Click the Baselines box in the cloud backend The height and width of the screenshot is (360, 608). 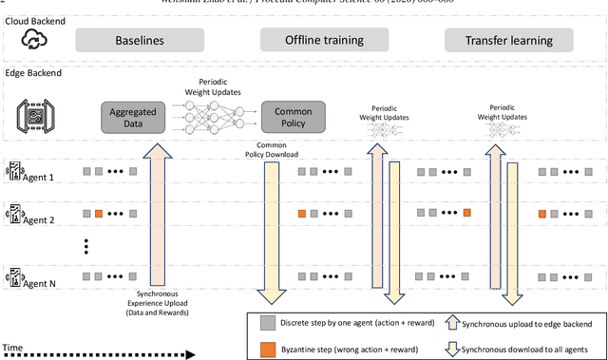(139, 41)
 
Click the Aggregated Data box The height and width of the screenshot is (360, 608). (132, 118)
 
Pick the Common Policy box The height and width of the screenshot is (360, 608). (293, 118)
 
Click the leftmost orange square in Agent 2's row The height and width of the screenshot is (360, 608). (98, 215)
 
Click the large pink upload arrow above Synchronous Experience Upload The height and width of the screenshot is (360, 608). (156, 209)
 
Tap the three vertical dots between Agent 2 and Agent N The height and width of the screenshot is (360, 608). (86, 245)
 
